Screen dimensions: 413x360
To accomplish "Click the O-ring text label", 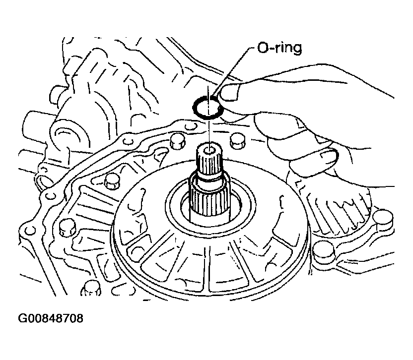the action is pyautogui.click(x=279, y=48).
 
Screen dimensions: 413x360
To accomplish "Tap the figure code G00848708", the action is pyautogui.click(x=51, y=318).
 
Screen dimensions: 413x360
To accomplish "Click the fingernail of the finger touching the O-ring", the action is pyautogui.click(x=229, y=92).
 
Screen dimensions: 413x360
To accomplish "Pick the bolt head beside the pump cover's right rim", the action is pyautogui.click(x=324, y=250).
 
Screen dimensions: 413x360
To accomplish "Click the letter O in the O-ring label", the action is pyautogui.click(x=263, y=48).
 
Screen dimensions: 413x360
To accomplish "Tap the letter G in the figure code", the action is pyautogui.click(x=22, y=318).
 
